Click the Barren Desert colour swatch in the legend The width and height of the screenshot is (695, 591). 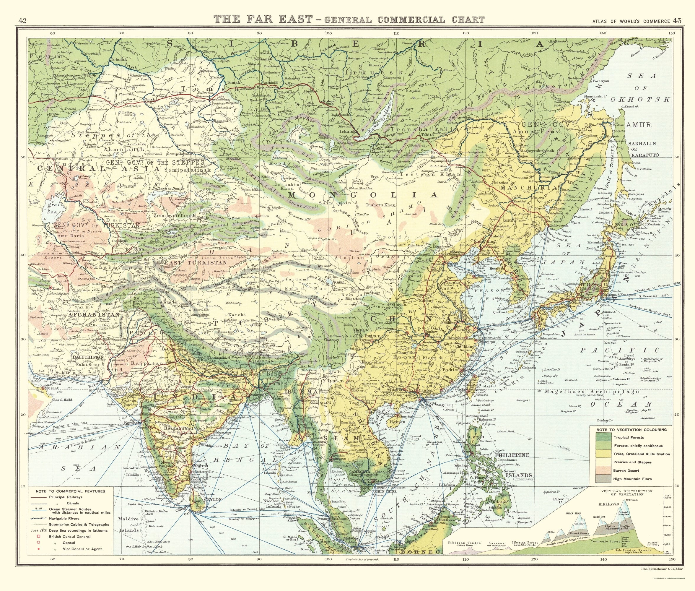[x=601, y=470]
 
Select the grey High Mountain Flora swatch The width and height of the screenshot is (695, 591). [x=601, y=479]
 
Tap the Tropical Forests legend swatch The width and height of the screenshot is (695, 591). [x=601, y=437]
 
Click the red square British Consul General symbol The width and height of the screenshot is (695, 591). [x=39, y=536]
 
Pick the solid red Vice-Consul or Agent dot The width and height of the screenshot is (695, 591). [x=39, y=549]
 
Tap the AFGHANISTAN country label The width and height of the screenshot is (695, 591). [x=93, y=315]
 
